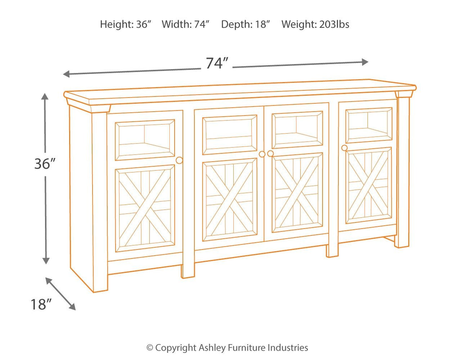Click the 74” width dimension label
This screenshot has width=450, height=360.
(217, 63)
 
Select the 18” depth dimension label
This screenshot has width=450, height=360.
(40, 304)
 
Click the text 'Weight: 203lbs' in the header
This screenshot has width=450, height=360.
(315, 24)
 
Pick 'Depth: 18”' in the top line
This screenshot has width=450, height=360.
(246, 24)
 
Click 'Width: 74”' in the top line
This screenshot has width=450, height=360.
(185, 24)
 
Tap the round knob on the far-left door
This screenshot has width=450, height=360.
(180, 160)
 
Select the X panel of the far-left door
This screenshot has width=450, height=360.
(145, 208)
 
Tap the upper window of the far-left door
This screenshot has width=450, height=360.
(145, 140)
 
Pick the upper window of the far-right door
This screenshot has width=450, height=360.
(368, 125)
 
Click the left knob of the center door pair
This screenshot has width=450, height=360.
(262, 154)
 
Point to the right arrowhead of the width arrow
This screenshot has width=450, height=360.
(365, 62)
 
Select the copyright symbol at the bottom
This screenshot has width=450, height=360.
(149, 347)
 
